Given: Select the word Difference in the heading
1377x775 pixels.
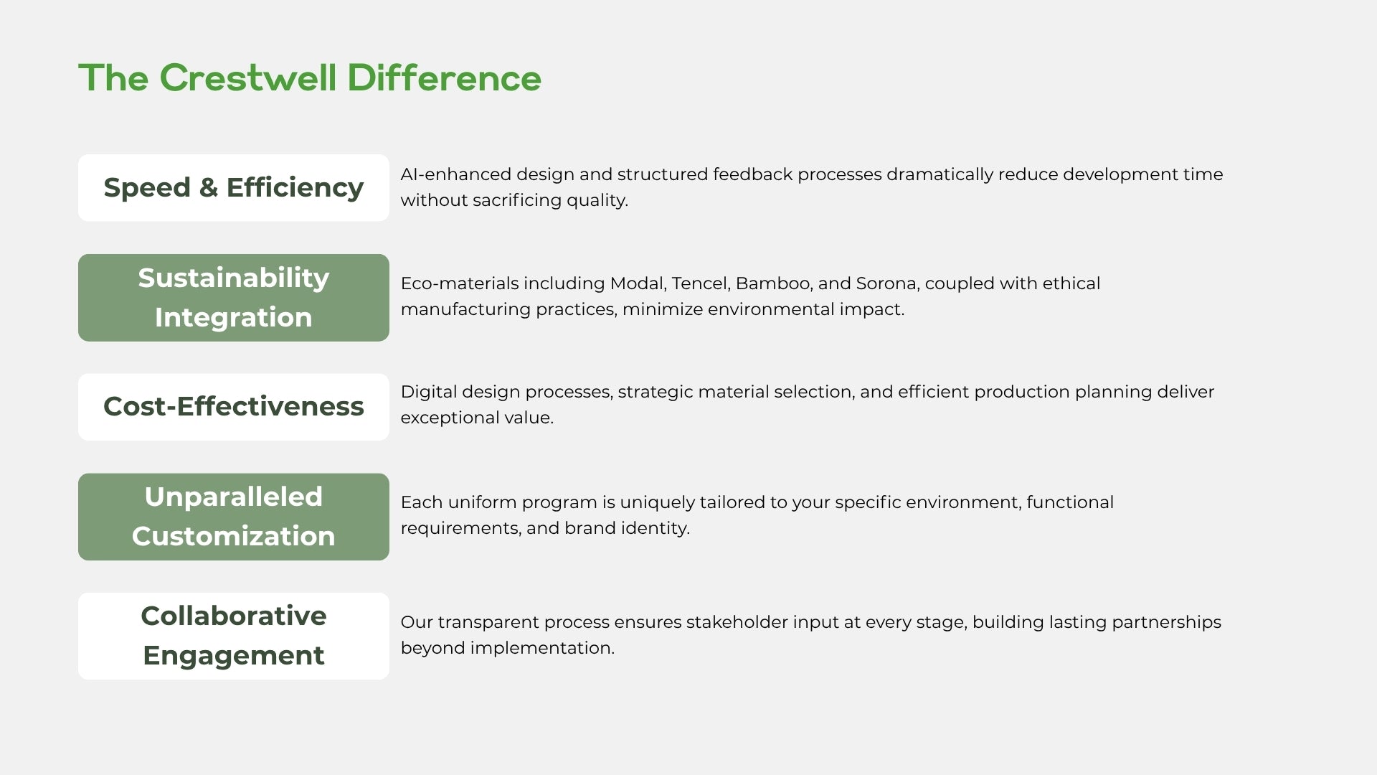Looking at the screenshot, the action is click(444, 77).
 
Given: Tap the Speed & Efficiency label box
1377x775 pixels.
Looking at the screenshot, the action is click(234, 187).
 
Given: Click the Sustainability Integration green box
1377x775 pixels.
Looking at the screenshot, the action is click(234, 298).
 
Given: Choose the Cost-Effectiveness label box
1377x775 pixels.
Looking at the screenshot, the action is click(234, 407).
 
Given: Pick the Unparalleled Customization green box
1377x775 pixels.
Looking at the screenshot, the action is click(234, 517).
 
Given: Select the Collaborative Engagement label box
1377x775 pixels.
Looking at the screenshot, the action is click(234, 636).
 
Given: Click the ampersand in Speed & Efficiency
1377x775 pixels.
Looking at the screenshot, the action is click(208, 187).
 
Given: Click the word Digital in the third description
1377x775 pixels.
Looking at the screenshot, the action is click(429, 393).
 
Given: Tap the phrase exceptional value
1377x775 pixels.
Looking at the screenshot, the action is click(477, 418).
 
